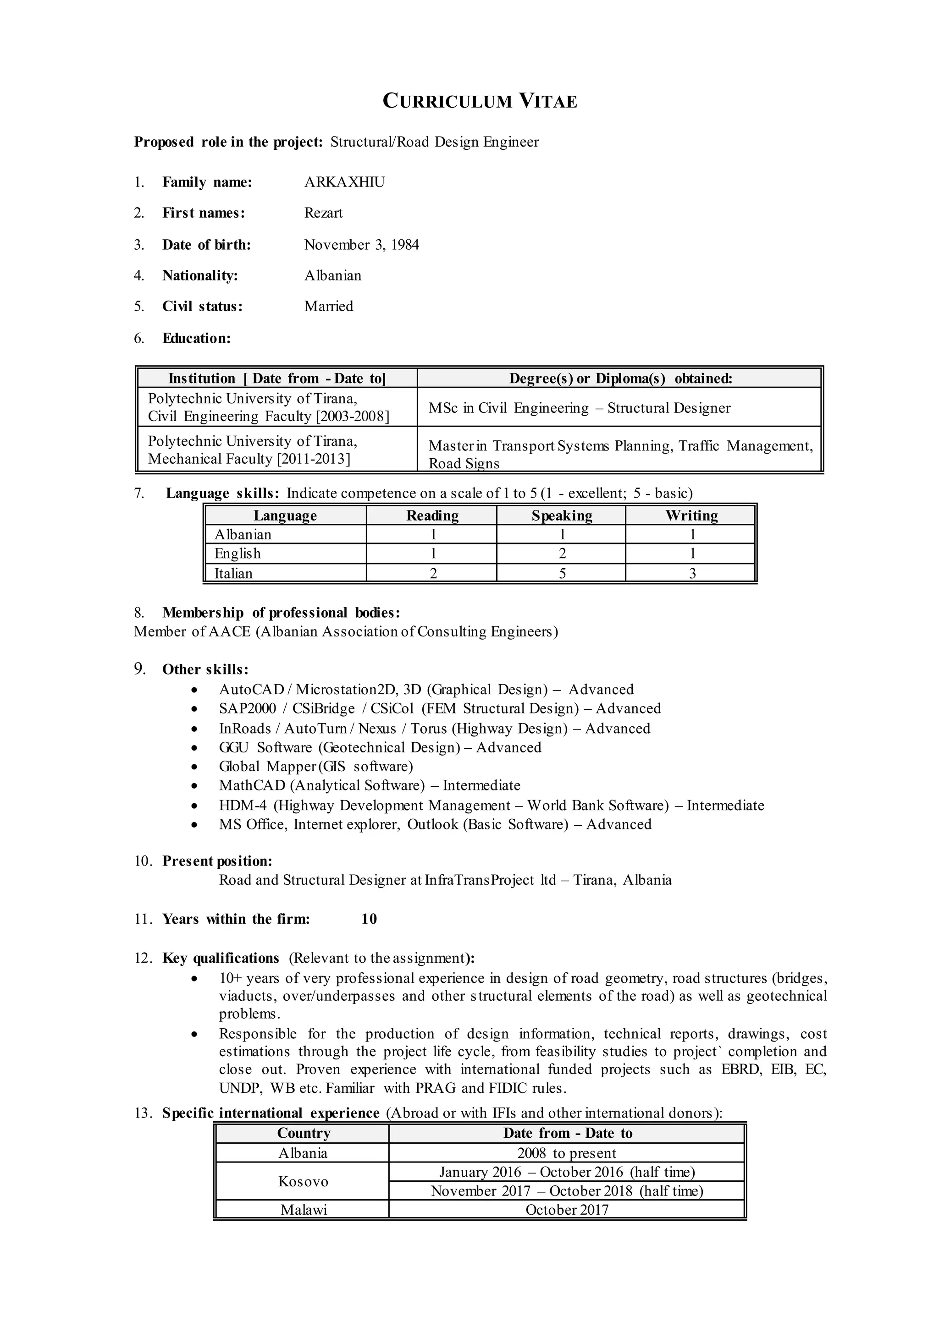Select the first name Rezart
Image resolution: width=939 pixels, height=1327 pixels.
coord(323,213)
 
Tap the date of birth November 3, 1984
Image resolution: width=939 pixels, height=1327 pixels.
coord(361,245)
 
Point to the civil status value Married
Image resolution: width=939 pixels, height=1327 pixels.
coord(328,307)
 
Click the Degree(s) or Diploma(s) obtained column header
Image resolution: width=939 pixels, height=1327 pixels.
coord(620,378)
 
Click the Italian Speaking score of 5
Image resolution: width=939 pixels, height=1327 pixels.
coord(562,573)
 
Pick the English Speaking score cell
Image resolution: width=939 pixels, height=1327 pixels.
coord(562,554)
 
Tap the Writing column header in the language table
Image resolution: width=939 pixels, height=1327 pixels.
coord(691,515)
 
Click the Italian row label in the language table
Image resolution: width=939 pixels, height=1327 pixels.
coord(233,573)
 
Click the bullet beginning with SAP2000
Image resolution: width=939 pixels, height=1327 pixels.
coord(439,708)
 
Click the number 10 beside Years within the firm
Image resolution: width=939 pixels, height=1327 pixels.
coord(369,919)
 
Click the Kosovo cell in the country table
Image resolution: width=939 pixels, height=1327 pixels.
coord(303,1181)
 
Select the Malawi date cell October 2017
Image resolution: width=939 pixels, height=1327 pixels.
coord(567,1210)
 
